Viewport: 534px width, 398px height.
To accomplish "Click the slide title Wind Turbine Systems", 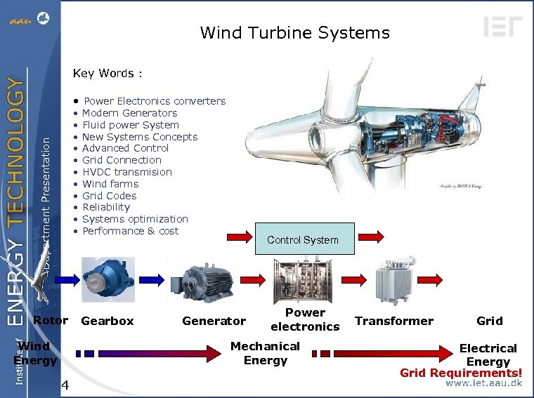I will tap(294, 32).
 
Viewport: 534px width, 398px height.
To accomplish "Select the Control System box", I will tap(303, 239).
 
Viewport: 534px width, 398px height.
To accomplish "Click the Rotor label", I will tap(51, 321).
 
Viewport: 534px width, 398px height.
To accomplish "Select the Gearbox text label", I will tap(108, 321).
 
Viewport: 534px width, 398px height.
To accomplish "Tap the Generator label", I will tap(214, 321).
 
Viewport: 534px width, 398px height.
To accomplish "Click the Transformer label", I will tap(394, 321).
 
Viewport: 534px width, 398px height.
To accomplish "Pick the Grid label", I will tap(489, 321).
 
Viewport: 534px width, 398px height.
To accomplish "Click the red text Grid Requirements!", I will tap(461, 373).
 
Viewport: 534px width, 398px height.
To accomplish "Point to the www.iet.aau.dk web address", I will tap(484, 384).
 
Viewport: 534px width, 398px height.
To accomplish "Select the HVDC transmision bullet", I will tap(126, 172).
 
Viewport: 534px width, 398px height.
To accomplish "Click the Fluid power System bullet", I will tap(130, 125).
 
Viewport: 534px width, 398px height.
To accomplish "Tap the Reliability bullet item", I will tap(106, 207).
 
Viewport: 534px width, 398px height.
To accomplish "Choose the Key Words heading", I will tap(108, 73).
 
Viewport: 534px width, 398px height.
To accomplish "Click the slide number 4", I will tap(65, 385).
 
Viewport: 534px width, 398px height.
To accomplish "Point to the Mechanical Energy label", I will tap(265, 353).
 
